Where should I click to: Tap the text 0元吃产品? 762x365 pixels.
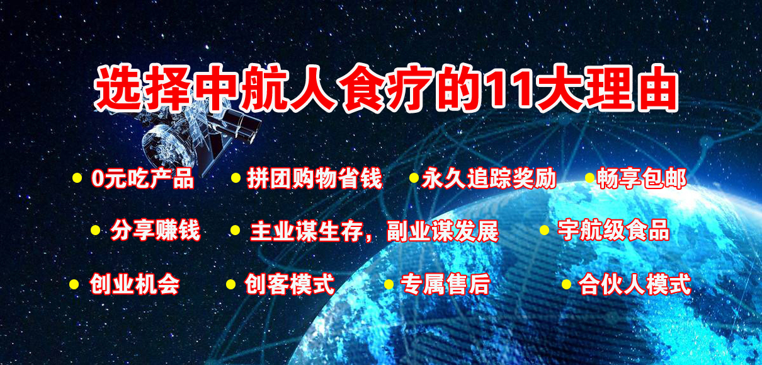coord(142,178)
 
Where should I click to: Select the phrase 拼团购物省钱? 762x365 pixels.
coord(315,178)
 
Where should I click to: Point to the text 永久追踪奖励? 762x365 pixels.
coord(489,178)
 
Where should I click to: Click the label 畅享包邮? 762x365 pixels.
coord(642,178)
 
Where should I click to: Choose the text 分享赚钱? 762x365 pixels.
coord(156,231)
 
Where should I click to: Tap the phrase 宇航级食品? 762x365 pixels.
coord(613,231)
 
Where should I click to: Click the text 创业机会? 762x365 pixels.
coord(135,284)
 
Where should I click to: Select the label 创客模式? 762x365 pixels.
coord(290,284)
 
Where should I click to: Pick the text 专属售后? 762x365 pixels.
coord(445,284)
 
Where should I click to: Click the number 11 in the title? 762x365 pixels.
coord(507,90)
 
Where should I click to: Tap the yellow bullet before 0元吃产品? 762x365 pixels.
coord(77,178)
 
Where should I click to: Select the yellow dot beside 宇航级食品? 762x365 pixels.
coord(544,230)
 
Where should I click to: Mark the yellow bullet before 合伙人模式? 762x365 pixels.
coord(566,284)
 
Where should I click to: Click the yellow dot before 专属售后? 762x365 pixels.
coord(389,284)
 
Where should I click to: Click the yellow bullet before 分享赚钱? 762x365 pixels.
coord(96,230)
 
